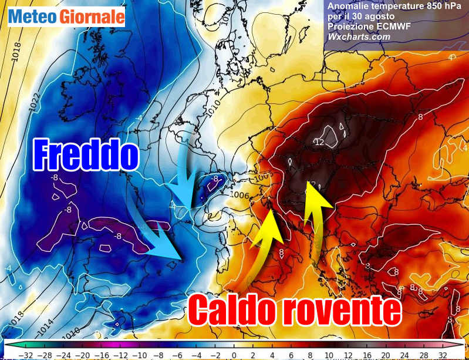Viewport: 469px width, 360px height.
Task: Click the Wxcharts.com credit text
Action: [x=359, y=36]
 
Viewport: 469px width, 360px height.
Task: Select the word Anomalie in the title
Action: [x=347, y=6]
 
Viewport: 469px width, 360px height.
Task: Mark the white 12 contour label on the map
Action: [x=319, y=143]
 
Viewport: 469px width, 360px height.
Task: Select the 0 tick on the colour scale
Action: [x=234, y=355]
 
